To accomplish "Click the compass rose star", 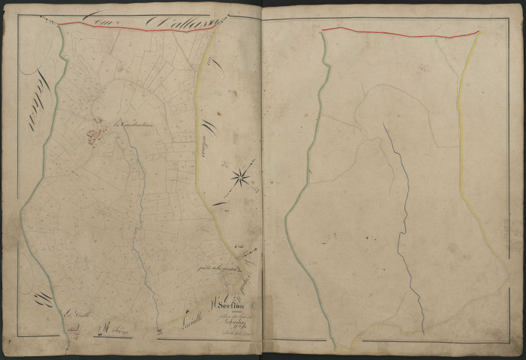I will click(x=241, y=177).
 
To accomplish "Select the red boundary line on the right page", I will click(x=398, y=32).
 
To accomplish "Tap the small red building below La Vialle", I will click(x=73, y=328).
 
